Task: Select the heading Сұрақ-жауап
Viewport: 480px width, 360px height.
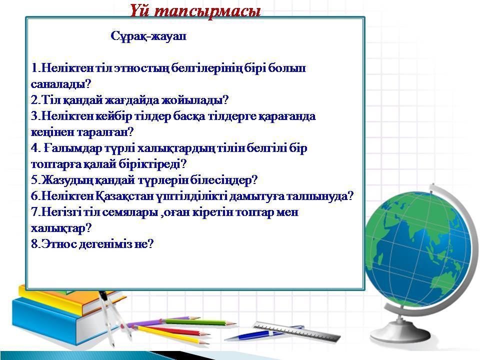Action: click(x=148, y=36)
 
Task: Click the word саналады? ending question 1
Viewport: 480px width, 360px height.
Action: click(x=61, y=84)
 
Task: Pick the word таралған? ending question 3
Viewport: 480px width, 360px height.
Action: click(x=105, y=132)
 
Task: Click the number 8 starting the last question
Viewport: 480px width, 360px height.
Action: click(x=34, y=244)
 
